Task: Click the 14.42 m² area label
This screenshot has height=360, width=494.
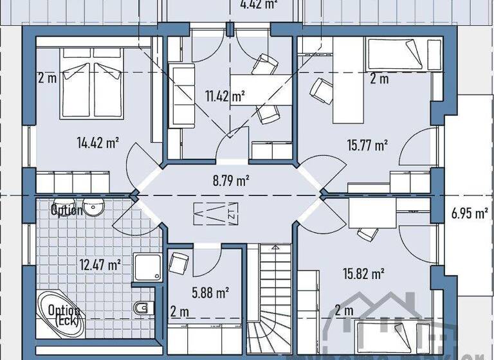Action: coord(97,143)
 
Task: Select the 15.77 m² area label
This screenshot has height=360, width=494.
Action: coord(367,145)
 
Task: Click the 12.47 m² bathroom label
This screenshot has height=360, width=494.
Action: coord(100,264)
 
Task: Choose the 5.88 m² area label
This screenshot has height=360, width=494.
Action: coord(211,292)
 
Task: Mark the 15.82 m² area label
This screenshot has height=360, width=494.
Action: coord(364,274)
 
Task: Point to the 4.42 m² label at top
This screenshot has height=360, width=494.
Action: coord(258,5)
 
